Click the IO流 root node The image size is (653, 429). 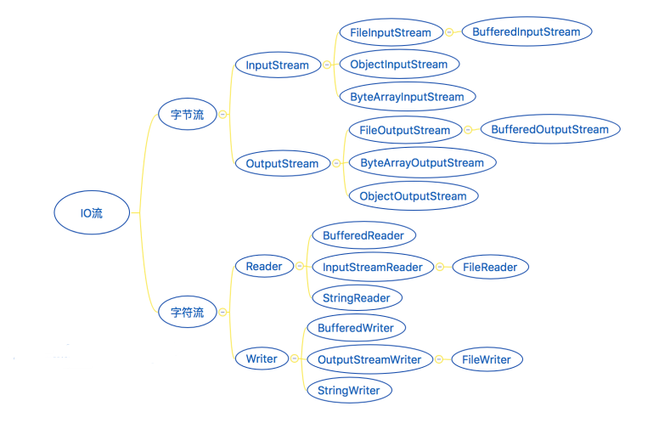[92, 213]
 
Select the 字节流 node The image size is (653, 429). [187, 115]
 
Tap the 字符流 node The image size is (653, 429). [187, 313]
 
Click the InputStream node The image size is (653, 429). [278, 65]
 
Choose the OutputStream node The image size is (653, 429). [282, 164]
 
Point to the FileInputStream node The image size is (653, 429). [391, 32]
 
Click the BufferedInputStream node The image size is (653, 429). [526, 32]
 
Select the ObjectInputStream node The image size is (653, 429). [398, 65]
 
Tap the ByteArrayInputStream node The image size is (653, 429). [407, 97]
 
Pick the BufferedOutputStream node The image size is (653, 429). [550, 130]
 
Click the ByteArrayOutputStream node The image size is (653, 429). [422, 163]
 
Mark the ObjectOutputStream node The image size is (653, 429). [413, 196]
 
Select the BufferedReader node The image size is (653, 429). [363, 234]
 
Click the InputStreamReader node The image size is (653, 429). [373, 267]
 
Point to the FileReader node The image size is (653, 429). [491, 267]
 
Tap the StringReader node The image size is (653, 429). [357, 298]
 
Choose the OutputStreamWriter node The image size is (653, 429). [369, 359]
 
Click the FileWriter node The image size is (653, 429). [487, 359]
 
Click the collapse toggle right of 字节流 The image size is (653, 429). [222, 115]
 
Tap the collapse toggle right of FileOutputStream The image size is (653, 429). [469, 131]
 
